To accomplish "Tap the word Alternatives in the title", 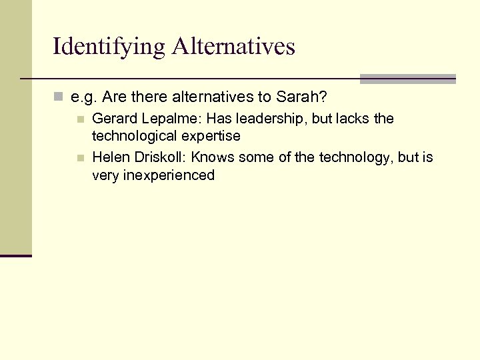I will (233, 47).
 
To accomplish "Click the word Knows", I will (211, 157).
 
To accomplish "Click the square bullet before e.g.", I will (59, 98).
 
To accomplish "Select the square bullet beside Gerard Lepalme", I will (80, 120).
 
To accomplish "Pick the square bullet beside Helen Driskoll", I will (80, 159).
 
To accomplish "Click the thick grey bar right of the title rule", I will (407, 79).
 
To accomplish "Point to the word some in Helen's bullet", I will (254, 157).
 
